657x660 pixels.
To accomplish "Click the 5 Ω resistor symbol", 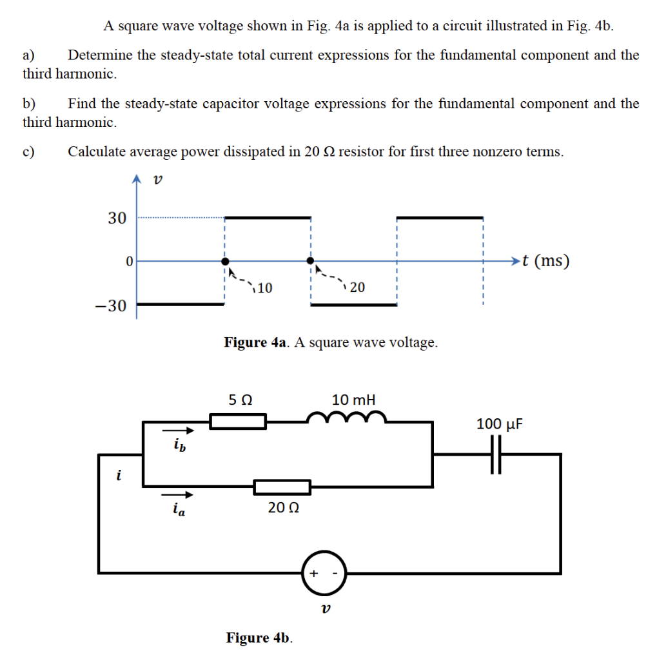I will coord(238,422).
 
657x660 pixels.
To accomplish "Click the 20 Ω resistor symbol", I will coord(282,487).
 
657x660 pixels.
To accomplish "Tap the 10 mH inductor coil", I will coord(347,420).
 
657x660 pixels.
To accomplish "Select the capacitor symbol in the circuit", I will coord(495,454).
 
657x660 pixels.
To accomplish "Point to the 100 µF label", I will coord(500,424).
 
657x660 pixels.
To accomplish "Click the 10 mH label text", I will coord(353,400).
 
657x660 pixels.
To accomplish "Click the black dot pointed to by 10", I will coord(224,261).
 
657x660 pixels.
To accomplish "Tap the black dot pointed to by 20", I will coord(311,261).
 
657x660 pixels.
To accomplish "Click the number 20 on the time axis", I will coord(357,287).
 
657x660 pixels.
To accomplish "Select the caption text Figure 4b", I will coord(259,637).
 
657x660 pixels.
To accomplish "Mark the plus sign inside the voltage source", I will coord(314,572).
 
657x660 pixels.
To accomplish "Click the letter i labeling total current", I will coord(118,476).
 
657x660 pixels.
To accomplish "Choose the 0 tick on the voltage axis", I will coord(130,262).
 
